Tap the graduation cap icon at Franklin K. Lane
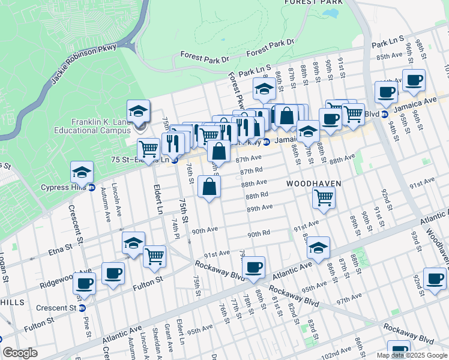click(x=137, y=111)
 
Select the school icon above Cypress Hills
click(x=82, y=172)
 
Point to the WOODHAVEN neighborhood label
click(x=314, y=183)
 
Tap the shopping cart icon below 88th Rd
click(x=324, y=196)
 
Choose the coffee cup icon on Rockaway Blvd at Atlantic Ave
click(x=254, y=267)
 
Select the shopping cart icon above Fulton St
click(x=155, y=256)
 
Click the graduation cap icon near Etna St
click(x=133, y=242)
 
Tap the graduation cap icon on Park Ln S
click(x=264, y=89)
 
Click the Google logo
click(x=20, y=353)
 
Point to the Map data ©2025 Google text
click(x=412, y=355)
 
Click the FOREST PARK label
click(x=313, y=2)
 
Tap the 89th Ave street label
click(x=259, y=208)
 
